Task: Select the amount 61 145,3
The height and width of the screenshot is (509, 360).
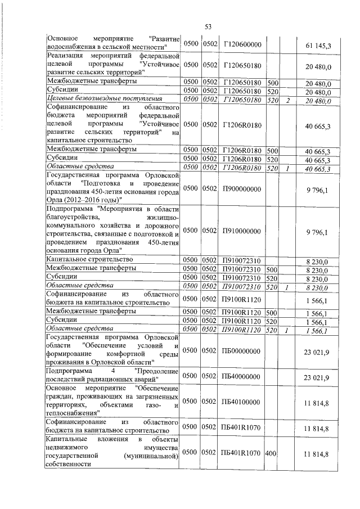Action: (x=318, y=44)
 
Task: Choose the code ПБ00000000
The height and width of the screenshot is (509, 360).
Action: (x=242, y=350)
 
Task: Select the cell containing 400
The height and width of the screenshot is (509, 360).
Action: (x=272, y=452)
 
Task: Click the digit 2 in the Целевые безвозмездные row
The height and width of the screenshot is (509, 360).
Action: (x=287, y=100)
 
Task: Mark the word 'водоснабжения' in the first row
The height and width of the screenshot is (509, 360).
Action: (x=71, y=47)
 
